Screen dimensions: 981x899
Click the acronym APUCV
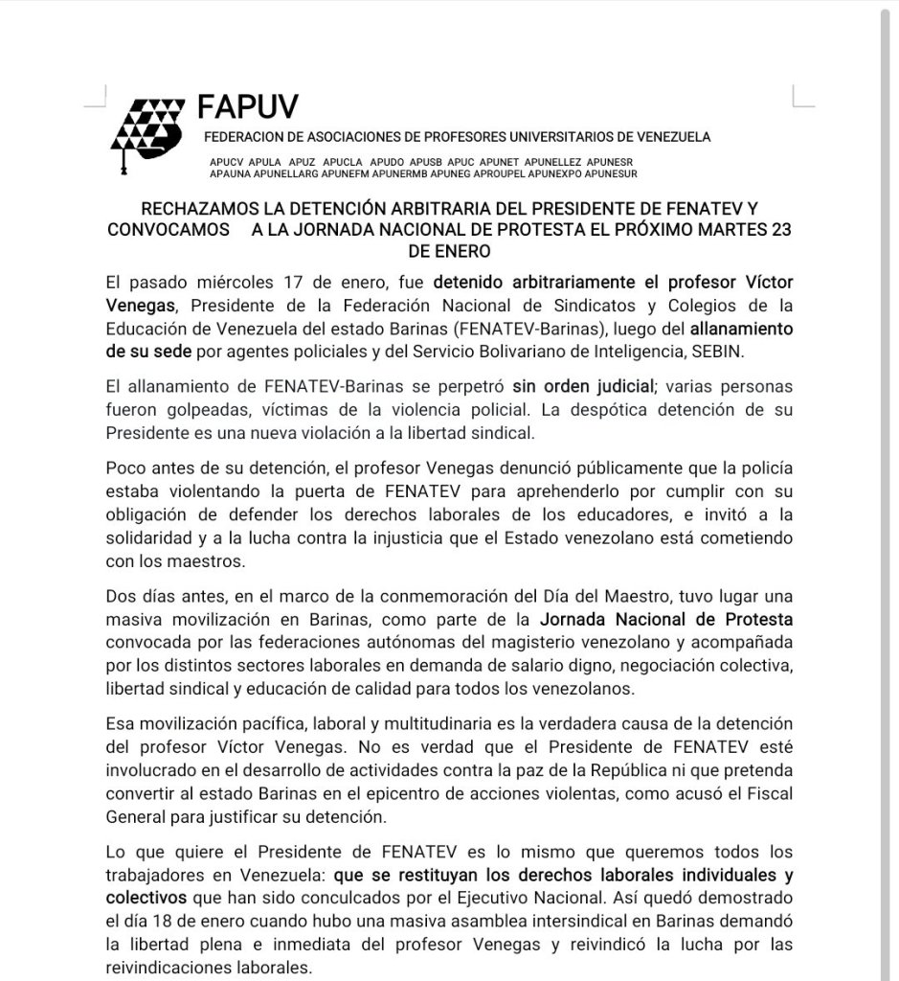(227, 161)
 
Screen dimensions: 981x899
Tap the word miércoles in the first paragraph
(243, 285)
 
